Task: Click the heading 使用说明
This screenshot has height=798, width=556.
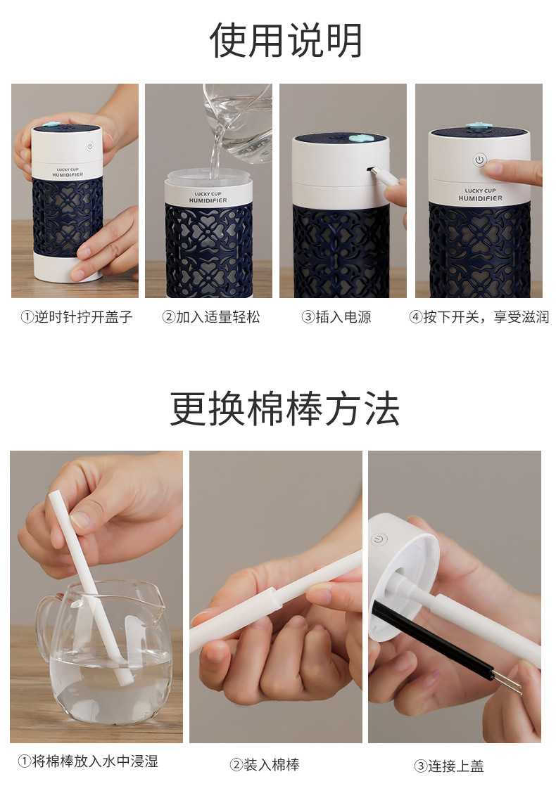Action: point(286,41)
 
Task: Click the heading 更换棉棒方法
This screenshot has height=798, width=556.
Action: point(285,409)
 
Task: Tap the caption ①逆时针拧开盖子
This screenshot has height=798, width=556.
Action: point(76,317)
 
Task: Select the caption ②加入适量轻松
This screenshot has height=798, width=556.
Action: point(210,317)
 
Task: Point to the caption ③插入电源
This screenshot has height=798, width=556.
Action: point(336,317)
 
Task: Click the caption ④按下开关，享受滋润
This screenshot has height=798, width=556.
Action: point(479,317)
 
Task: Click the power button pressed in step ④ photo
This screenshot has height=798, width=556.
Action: point(479,160)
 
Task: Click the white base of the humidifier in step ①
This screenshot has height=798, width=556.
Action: point(68,268)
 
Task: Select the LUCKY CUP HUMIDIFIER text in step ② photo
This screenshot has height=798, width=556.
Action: point(209,196)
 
